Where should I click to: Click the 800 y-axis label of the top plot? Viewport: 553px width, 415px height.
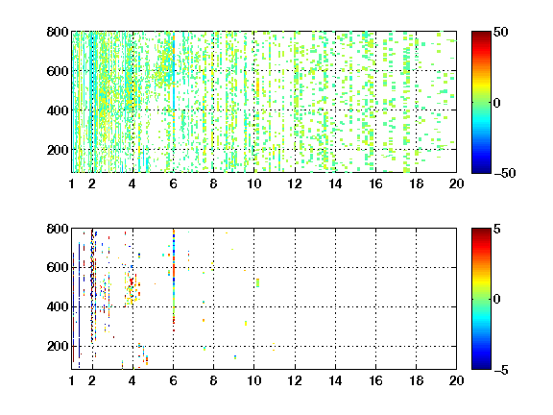coord(58,32)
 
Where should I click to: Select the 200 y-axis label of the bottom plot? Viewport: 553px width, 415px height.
coord(58,346)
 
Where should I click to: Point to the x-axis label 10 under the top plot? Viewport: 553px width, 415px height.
coord(253,183)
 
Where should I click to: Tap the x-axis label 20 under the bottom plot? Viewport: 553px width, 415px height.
coord(456,380)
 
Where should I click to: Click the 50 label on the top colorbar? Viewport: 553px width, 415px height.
coord(500,32)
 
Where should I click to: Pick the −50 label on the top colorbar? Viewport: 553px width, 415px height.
coord(505,173)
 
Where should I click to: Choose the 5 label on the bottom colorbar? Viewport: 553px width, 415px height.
coord(497,229)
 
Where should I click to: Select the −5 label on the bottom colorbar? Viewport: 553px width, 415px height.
coord(501,370)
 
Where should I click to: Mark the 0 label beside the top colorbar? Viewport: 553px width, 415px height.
coord(497,103)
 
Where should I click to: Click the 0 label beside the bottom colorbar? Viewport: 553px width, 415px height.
coord(497,300)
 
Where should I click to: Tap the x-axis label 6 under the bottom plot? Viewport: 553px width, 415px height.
coord(173,380)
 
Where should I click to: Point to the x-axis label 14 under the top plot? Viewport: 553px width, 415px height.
coord(335,183)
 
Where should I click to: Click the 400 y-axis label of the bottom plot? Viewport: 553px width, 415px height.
coord(58,306)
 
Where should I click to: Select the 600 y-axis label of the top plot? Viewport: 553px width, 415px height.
coord(58,71)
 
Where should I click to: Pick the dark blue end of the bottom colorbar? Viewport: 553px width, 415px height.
coord(481,367)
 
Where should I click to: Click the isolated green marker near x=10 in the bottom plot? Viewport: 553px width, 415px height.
coord(258,282)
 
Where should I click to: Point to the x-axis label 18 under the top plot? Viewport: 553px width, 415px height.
coord(416,183)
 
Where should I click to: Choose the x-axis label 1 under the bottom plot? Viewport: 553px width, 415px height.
coord(72,380)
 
